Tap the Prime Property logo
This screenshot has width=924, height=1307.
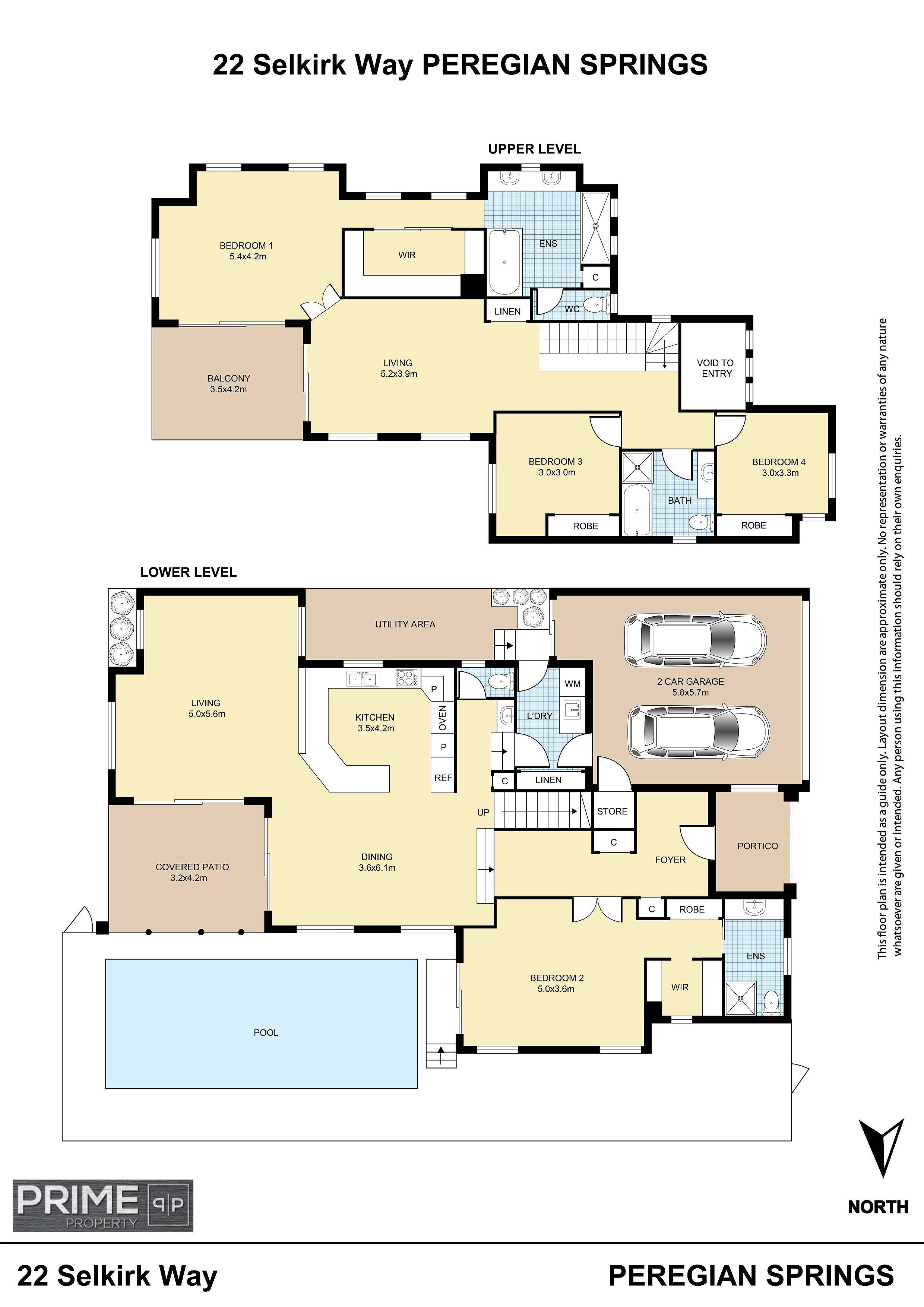coord(103,1206)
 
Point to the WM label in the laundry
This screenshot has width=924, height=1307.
coord(573,684)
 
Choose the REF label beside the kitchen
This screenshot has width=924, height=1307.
coord(443,778)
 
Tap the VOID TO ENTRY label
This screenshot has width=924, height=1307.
coord(716,368)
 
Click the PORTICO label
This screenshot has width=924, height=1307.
coord(757,846)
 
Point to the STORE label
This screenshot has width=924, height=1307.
coord(612,811)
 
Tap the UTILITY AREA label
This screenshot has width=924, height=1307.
coord(405,624)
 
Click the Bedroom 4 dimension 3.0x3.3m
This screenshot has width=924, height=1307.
coord(780,472)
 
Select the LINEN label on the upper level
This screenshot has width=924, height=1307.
coord(507,311)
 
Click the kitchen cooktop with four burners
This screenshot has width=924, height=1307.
coord(405,677)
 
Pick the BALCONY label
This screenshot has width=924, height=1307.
coord(228,378)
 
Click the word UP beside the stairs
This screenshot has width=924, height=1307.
coord(483,812)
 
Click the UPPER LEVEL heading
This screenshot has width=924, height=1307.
coord(534,149)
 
